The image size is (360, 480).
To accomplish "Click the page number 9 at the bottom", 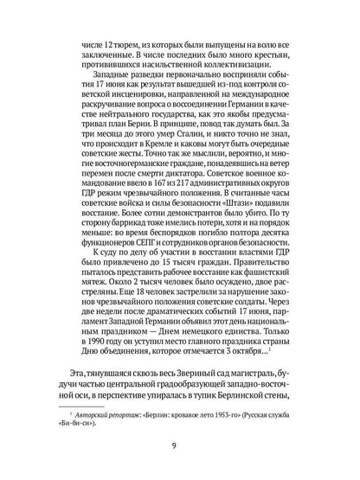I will pos(180,448).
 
